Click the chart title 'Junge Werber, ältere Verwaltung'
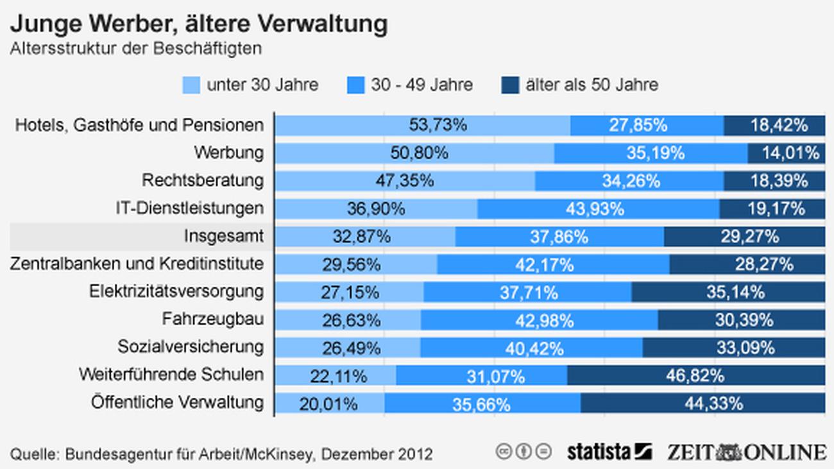pos(198,24)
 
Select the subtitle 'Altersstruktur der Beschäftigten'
pos(135,49)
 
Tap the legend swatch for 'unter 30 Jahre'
pos(191,85)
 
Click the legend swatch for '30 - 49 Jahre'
pos(355,85)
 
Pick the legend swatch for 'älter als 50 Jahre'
pos(509,85)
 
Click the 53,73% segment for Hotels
pos(422,125)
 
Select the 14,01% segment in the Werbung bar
pos(786,153)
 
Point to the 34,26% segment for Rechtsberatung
pos(629,181)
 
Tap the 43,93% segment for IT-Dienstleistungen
pos(598,209)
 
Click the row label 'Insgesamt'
pos(223,236)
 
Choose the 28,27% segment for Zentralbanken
pos(747,264)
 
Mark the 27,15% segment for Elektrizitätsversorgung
pos(349,292)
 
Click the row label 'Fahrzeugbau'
pos(212,319)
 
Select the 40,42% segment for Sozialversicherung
pos(531,347)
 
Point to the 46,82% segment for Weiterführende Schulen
pos(696,375)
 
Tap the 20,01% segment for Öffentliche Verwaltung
pos(330,403)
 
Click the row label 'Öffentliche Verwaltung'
pos(177,402)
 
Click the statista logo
pos(609,452)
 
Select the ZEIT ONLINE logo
pos(745,451)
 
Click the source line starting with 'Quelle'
pos(221,454)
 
